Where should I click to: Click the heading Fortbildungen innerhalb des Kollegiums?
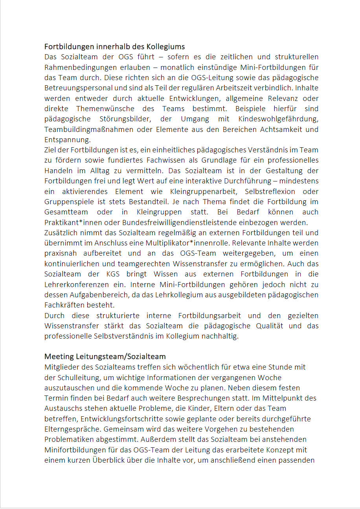pyautogui.click(x=114, y=47)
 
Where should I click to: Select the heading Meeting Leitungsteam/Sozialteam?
pyautogui.click(x=105, y=357)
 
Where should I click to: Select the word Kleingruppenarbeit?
pyautogui.click(x=202, y=192)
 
